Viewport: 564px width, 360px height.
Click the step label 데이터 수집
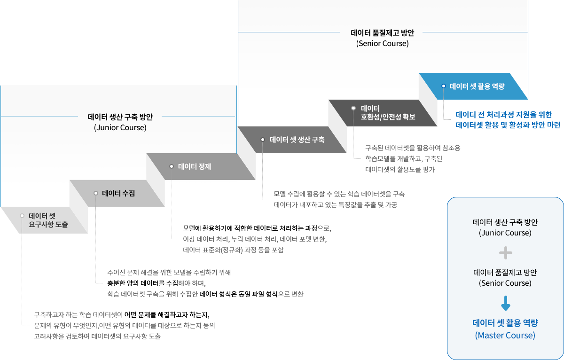pyautogui.click(x=118, y=193)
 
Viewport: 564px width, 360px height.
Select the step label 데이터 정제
pyautogui.click(x=195, y=166)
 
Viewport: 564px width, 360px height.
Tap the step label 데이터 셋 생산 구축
pyautogui.click(x=297, y=140)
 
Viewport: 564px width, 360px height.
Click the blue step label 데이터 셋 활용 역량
pyautogui.click(x=477, y=86)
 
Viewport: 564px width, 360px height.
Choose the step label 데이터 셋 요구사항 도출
pyautogui.click(x=48, y=220)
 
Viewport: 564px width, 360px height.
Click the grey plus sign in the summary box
pyautogui.click(x=505, y=254)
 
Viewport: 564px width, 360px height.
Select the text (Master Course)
pyautogui.click(x=505, y=336)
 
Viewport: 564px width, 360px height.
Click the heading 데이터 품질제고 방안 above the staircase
pyautogui.click(x=382, y=33)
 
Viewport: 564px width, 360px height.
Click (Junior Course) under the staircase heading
pyautogui.click(x=120, y=127)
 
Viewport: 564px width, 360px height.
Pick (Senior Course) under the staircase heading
pyautogui.click(x=382, y=43)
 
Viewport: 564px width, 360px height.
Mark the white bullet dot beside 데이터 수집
pyautogui.click(x=95, y=193)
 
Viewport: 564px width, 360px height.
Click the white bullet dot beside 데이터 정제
pyautogui.click(x=172, y=166)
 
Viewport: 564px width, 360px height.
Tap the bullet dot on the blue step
pyautogui.click(x=443, y=86)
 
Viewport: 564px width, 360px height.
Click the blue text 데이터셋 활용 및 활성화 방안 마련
pyautogui.click(x=508, y=125)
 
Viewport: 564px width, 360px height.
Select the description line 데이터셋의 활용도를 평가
pyautogui.click(x=400, y=170)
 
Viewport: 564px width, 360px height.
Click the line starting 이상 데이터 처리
pyautogui.click(x=254, y=239)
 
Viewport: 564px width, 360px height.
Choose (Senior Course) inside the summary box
pyautogui.click(x=505, y=283)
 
